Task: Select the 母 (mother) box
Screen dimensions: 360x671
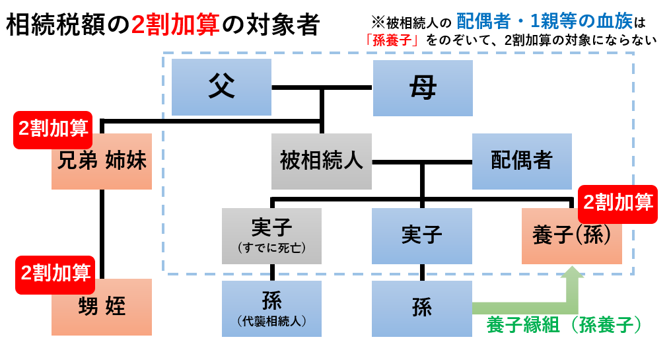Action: tap(423, 88)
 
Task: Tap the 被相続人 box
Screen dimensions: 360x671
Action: tap(321, 161)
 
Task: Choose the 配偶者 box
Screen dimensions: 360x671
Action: tap(522, 161)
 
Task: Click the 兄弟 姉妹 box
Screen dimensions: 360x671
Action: tap(102, 162)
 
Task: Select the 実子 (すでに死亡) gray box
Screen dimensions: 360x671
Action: tap(271, 236)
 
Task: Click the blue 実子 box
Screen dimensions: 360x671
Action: tap(422, 236)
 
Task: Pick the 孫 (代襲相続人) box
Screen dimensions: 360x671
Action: tap(271, 308)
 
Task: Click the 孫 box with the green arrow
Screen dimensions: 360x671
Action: tap(422, 308)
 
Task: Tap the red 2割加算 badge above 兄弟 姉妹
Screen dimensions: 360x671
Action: tap(53, 129)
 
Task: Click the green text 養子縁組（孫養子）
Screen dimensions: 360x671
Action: tap(565, 325)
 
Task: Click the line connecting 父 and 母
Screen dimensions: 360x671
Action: tap(322, 87)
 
